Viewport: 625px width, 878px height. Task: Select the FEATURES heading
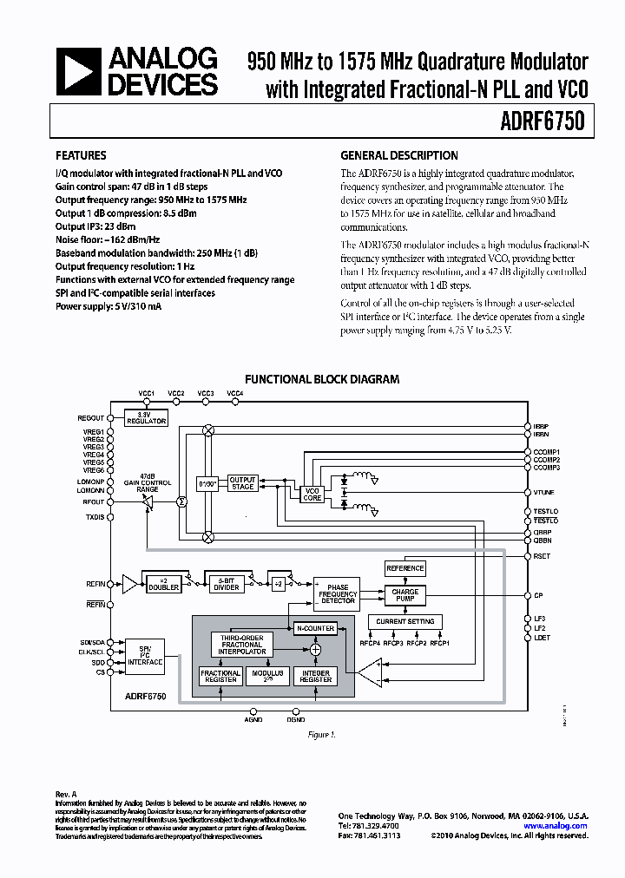pos(81,156)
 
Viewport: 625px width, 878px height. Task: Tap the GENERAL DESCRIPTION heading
pos(398,156)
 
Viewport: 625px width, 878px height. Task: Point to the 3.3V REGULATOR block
pos(145,418)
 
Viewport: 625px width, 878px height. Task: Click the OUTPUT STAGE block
pos(242,483)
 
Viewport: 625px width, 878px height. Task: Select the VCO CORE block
pos(312,495)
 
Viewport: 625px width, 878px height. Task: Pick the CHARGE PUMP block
pos(405,596)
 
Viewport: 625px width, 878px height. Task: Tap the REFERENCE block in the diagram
pos(405,568)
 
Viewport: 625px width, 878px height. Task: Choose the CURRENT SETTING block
pos(405,621)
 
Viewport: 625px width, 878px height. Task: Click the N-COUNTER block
pos(315,628)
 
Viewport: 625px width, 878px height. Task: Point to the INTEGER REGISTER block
pos(315,677)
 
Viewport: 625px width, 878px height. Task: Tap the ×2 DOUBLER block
pos(163,584)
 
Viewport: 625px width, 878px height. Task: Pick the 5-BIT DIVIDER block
pos(227,584)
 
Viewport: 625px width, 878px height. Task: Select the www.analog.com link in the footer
pos(556,826)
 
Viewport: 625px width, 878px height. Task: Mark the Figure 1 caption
pos(321,735)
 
